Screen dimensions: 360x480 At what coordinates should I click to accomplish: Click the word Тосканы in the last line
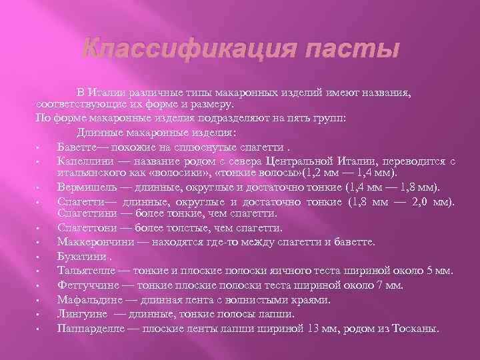pos(417,327)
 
